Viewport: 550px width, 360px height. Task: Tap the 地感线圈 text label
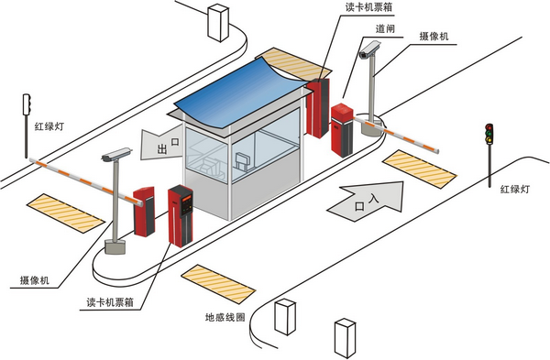(x=227, y=318)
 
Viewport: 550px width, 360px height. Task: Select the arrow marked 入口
(x=364, y=199)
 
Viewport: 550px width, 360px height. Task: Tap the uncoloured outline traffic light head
(x=27, y=104)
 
